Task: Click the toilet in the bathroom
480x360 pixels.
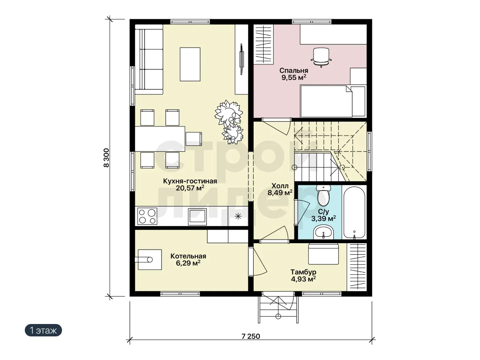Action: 324,196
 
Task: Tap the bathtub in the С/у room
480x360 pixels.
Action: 354,212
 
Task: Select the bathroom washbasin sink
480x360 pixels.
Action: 324,232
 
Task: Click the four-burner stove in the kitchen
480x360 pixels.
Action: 147,216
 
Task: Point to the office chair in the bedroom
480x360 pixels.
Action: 321,57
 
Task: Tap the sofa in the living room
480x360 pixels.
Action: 149,60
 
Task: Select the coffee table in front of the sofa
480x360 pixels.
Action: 190,64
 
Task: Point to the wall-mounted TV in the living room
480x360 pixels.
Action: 242,59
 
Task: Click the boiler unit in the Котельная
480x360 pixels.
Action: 149,260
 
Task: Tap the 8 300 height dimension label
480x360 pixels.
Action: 106,158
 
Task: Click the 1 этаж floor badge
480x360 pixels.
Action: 43,330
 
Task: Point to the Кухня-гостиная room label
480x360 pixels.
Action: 190,181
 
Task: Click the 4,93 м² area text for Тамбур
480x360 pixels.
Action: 303,279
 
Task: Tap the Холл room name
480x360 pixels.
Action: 280,186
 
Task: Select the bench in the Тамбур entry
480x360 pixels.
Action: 324,254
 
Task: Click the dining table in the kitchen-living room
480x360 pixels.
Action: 160,139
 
